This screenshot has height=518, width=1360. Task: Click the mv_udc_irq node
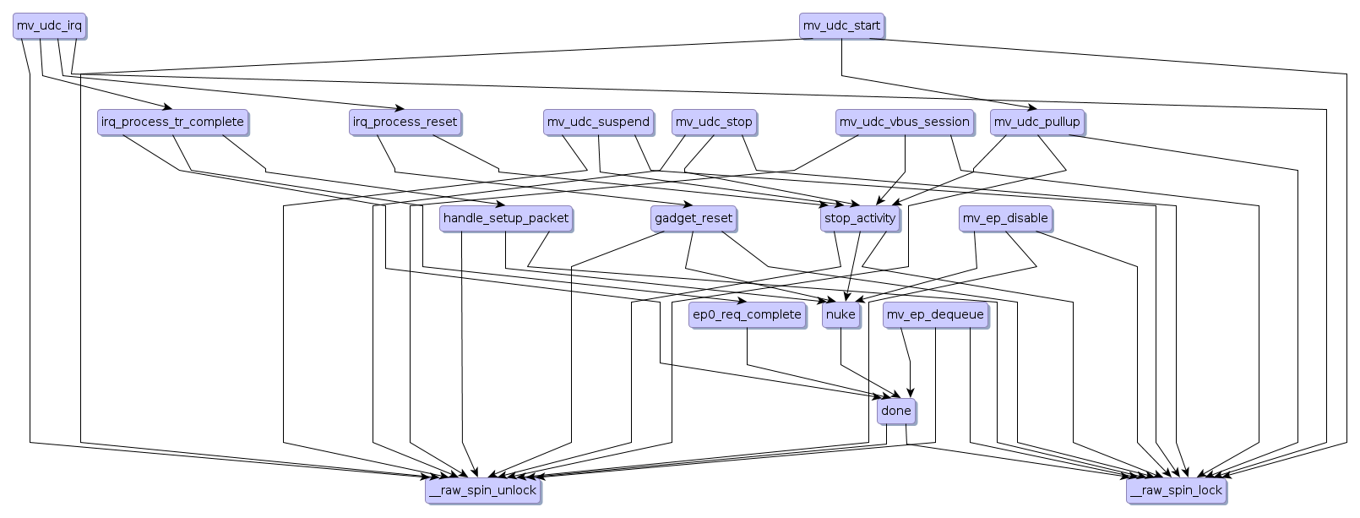click(49, 26)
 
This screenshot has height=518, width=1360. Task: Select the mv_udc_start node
click(841, 26)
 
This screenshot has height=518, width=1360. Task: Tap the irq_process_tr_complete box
click(172, 123)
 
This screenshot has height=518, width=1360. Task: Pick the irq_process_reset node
click(405, 123)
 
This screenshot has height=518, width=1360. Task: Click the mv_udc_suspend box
click(598, 123)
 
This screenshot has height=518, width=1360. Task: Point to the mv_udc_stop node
click(714, 123)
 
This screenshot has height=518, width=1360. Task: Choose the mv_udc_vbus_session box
click(904, 123)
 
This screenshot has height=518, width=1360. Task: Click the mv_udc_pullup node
click(1036, 123)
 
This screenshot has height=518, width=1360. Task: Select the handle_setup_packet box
click(506, 219)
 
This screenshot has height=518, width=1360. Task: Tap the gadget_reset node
click(694, 219)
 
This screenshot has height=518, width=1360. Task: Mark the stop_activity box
click(859, 219)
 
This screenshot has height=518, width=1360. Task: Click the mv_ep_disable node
click(1005, 219)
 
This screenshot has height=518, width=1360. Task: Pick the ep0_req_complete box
click(747, 315)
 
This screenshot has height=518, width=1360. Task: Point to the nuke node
click(840, 315)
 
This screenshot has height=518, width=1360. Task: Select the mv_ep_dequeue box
click(935, 315)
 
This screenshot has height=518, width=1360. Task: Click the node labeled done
click(895, 412)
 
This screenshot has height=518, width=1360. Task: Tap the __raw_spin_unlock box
click(481, 491)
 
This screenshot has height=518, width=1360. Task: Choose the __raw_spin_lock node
click(1175, 491)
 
